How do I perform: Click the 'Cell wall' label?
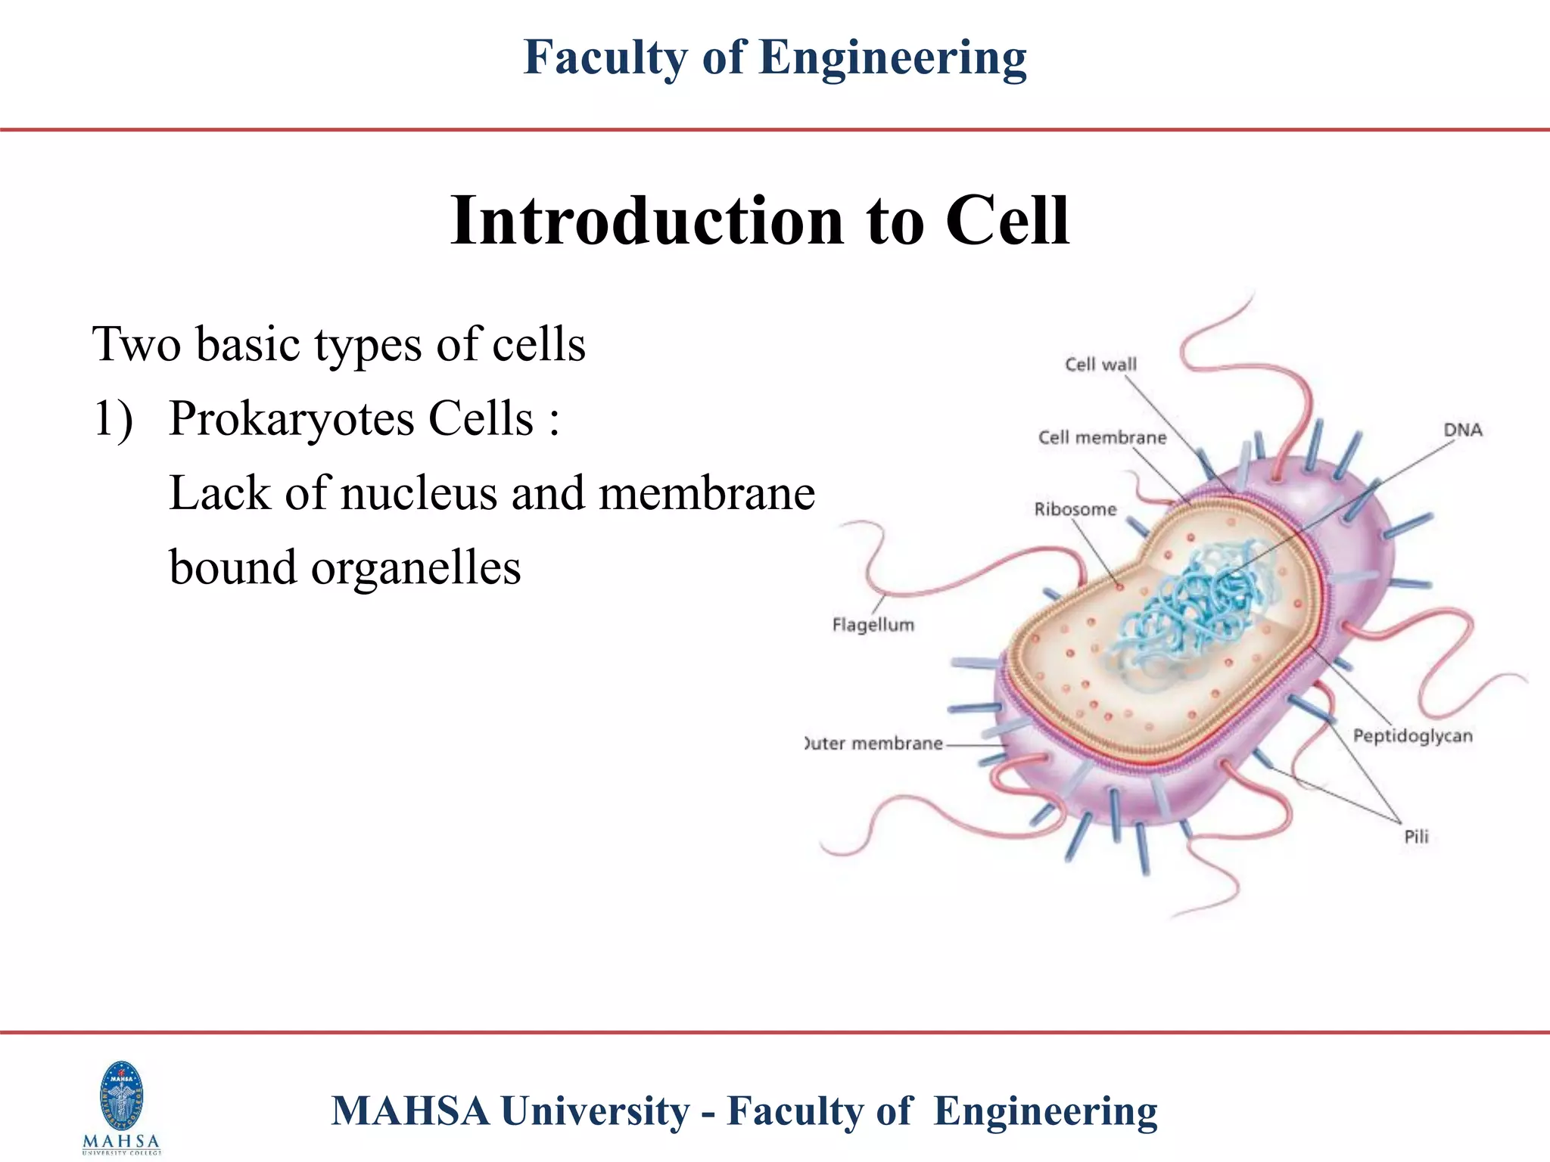coord(1100,365)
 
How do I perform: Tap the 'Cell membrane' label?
coord(1102,437)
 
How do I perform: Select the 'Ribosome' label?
coord(1075,509)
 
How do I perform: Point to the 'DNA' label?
coord(1462,430)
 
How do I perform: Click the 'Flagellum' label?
coord(873,625)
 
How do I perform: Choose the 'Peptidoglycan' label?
coord(1413,736)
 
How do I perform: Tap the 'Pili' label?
coord(1416,837)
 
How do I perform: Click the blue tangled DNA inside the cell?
coord(1196,605)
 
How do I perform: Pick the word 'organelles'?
coord(416,567)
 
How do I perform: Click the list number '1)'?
coord(113,418)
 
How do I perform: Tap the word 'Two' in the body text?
coord(136,344)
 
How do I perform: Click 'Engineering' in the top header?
coord(892,57)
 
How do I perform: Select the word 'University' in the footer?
coord(595,1111)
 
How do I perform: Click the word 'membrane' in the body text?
coord(707,493)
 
